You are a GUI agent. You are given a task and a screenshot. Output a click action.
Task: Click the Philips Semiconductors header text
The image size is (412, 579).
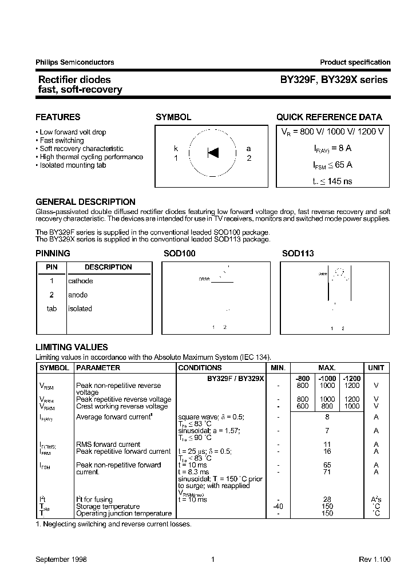click(x=75, y=62)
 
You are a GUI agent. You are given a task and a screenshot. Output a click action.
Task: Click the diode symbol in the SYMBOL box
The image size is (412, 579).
click(x=213, y=153)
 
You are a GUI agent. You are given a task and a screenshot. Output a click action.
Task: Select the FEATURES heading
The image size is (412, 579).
click(x=58, y=117)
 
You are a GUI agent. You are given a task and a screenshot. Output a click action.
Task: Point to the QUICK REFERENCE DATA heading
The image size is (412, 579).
click(x=329, y=117)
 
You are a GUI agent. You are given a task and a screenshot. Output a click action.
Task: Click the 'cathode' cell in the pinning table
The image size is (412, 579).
click(x=80, y=281)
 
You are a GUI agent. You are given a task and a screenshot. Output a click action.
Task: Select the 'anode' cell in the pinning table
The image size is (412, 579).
click(x=78, y=295)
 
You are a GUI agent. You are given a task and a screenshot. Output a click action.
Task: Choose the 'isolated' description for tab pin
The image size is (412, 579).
click(x=80, y=308)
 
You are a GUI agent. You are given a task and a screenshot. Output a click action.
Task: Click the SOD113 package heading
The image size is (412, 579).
click(x=298, y=253)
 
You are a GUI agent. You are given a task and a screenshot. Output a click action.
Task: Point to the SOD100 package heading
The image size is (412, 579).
click(x=179, y=253)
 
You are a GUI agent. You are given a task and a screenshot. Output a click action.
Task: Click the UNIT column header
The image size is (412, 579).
click(x=376, y=368)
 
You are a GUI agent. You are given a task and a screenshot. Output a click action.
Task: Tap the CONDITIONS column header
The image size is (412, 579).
click(x=200, y=368)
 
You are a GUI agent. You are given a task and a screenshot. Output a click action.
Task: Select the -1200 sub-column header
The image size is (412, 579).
click(x=351, y=378)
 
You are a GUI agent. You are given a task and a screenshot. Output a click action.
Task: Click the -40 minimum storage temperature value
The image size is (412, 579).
click(x=278, y=506)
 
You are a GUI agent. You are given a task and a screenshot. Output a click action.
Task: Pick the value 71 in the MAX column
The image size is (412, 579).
click(x=327, y=472)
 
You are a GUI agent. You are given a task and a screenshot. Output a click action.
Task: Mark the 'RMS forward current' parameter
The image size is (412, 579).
click(x=108, y=444)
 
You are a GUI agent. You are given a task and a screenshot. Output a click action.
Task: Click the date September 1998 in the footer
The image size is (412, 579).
click(x=61, y=560)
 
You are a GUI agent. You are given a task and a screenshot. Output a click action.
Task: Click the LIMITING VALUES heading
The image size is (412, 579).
click(x=72, y=347)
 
